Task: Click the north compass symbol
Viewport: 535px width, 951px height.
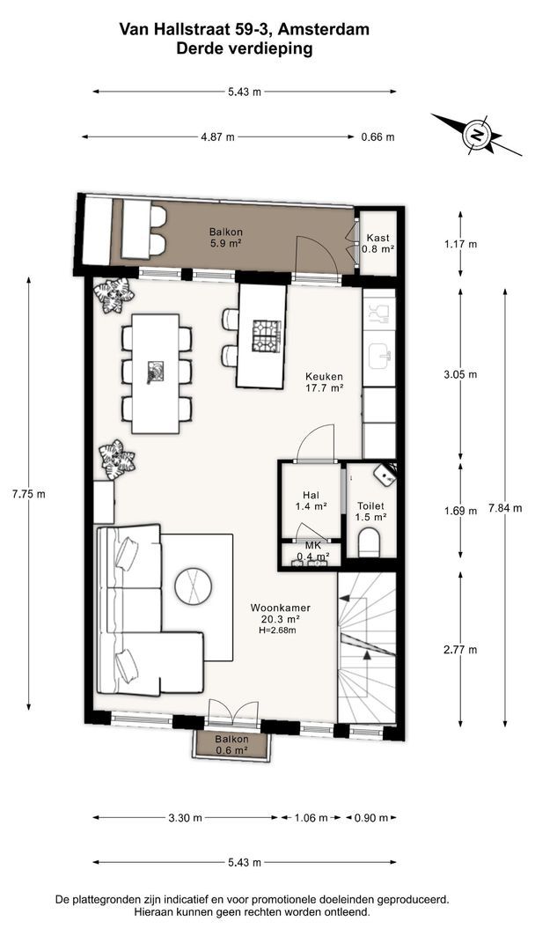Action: point(477,135)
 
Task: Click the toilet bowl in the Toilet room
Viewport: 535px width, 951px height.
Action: point(369,541)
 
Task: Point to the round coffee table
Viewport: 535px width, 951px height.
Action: point(194,586)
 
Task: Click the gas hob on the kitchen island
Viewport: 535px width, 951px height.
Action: point(267,335)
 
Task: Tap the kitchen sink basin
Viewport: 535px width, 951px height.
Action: point(380,355)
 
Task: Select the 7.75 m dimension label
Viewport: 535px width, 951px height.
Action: point(28,494)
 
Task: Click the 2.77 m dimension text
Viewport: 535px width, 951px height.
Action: point(460,650)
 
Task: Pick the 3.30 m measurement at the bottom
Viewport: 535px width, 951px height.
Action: point(186,817)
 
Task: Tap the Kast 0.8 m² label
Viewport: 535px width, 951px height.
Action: point(378,243)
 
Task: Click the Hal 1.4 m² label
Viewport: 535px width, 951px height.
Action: point(311,500)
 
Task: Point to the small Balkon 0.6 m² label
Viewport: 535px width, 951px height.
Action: point(231,746)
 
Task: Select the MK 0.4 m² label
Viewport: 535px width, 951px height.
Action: point(312,550)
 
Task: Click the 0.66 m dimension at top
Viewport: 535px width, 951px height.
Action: point(377,137)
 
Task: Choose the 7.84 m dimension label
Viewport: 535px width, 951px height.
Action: point(505,508)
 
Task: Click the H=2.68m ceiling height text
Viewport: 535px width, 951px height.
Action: point(276,630)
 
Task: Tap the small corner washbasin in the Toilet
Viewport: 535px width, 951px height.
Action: point(385,475)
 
